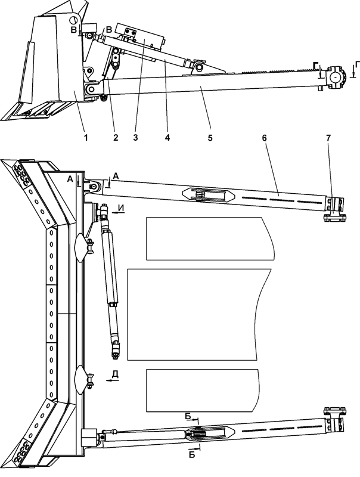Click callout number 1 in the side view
[x=86, y=138]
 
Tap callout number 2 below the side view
[x=115, y=138]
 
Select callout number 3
[x=135, y=138]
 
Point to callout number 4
[x=167, y=138]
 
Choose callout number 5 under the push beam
[x=210, y=138]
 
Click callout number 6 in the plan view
[x=264, y=138]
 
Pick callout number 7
[x=328, y=138]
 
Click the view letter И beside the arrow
[x=121, y=207]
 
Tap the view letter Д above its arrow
[x=115, y=374]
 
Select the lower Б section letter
[x=192, y=455]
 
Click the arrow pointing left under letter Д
[x=112, y=380]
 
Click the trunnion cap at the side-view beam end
[x=336, y=77]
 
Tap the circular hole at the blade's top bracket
[x=73, y=20]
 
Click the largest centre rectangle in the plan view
[x=199, y=314]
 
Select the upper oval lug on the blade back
[x=80, y=247]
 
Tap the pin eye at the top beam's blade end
[x=94, y=186]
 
